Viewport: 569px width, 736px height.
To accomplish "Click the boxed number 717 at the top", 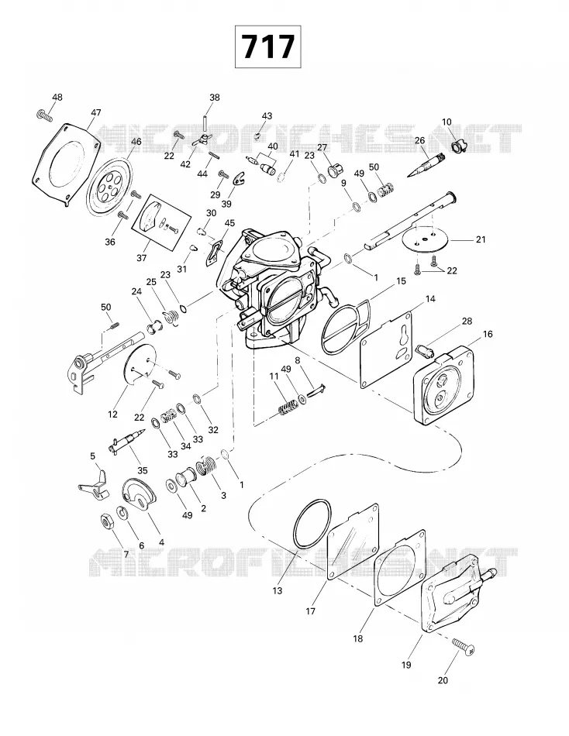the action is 267,47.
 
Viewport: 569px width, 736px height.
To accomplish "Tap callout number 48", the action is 57,97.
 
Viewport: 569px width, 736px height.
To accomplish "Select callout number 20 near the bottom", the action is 443,680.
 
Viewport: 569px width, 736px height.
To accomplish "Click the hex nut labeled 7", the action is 107,521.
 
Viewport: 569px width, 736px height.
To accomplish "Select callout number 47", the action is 96,112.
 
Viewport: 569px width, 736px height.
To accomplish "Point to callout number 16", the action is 488,334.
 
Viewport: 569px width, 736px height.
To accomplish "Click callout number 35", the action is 142,470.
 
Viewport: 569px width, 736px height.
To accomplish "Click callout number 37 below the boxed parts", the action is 141,258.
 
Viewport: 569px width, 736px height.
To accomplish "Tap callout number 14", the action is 430,299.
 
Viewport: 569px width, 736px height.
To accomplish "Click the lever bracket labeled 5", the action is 95,482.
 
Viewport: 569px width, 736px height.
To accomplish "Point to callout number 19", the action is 406,665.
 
